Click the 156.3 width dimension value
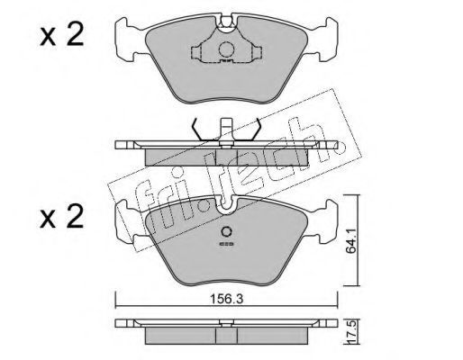click(226, 299)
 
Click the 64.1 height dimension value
click(351, 240)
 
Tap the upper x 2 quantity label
click(61, 35)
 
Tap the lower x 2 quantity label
click(61, 217)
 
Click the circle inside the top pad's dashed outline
click(226, 49)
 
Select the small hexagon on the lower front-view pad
click(226, 231)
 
